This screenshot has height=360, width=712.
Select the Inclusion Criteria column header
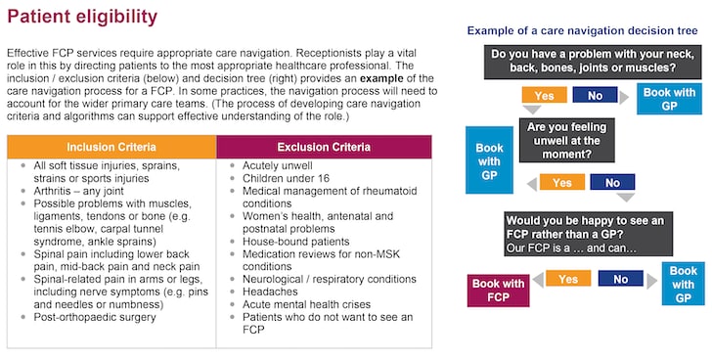tap(111, 147)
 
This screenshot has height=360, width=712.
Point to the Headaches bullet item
tap(271, 292)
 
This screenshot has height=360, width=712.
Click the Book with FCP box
tap(499, 291)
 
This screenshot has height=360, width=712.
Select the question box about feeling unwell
tap(570, 141)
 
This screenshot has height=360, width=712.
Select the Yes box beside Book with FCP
tap(566, 279)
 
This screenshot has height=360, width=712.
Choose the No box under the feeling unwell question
tap(612, 182)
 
